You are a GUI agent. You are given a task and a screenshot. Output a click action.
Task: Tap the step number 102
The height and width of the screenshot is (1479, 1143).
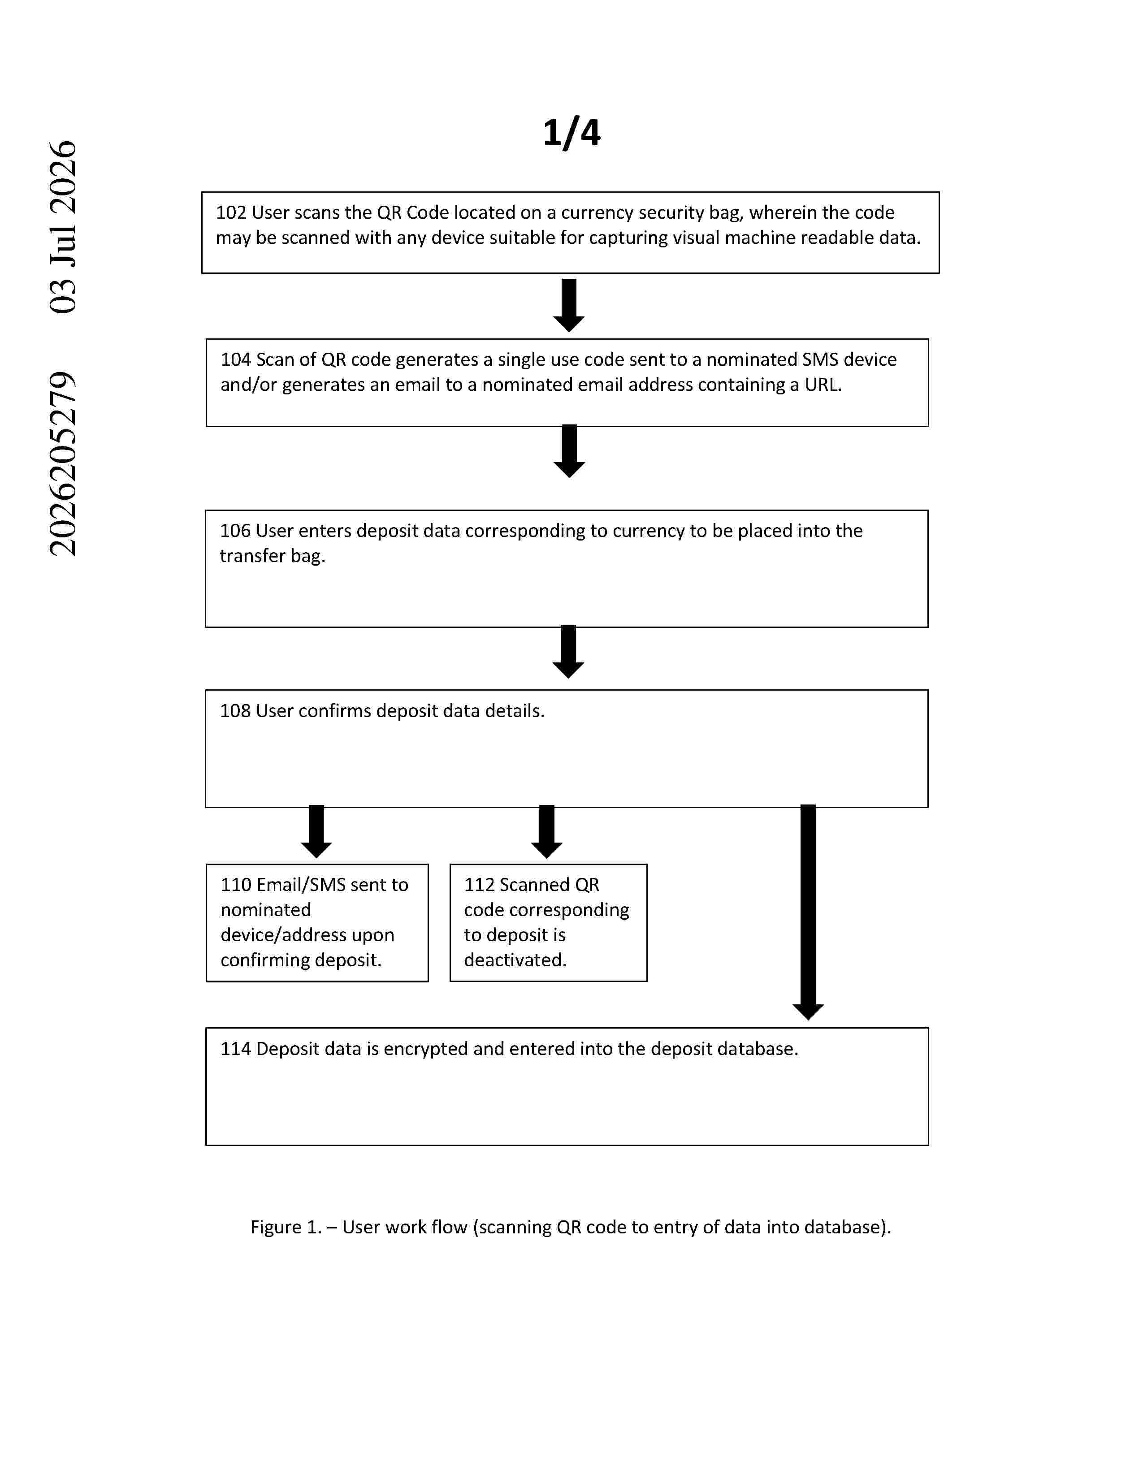coord(231,212)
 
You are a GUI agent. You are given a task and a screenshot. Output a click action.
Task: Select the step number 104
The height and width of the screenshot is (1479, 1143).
coord(236,359)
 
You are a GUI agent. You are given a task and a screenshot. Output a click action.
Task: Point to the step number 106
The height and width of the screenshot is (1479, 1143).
coord(235,531)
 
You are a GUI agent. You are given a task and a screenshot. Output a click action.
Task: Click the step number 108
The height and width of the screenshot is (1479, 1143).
coord(235,711)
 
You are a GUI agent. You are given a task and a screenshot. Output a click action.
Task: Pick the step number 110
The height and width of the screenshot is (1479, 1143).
coord(236,885)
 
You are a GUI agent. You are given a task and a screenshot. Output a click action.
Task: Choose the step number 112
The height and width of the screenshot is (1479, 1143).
coord(479,885)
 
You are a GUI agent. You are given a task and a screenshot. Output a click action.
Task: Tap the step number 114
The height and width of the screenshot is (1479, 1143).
coord(236,1049)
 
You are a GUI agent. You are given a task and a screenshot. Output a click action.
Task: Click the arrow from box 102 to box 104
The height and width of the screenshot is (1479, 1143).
coord(569,305)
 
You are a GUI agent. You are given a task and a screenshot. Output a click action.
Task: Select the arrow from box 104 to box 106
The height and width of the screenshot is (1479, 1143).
coord(569,451)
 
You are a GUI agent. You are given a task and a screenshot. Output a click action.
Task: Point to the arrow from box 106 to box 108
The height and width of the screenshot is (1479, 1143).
coord(568,652)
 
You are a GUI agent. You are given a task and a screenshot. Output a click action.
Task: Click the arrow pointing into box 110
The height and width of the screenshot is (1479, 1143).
coord(316,831)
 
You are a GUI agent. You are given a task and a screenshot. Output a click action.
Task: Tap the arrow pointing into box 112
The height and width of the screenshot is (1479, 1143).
coord(546,831)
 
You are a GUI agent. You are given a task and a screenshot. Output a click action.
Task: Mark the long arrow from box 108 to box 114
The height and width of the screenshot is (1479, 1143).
coord(808,912)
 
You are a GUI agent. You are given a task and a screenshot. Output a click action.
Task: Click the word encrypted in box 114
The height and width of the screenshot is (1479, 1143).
coord(424,1049)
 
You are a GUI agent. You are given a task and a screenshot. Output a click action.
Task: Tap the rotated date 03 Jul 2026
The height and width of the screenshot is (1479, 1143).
coord(63,227)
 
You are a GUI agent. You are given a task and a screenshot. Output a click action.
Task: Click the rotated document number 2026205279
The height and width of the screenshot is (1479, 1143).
coord(63,464)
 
